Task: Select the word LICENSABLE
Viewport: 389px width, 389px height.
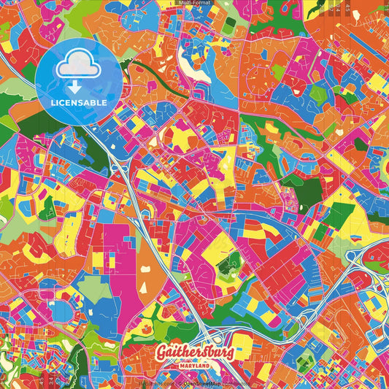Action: pos(76,101)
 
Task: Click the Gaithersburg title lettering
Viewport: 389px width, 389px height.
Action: pos(194,353)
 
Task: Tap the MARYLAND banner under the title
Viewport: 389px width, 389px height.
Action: pos(194,365)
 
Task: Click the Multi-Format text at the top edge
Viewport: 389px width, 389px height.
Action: pos(193,4)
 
